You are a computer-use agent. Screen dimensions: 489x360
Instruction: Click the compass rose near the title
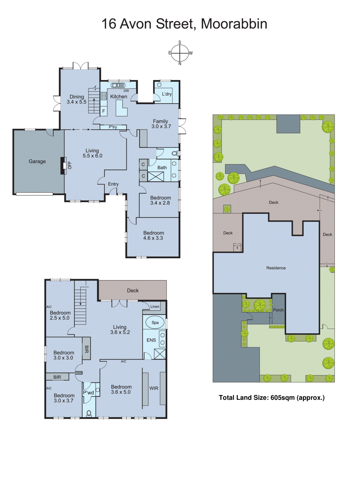(x=180, y=53)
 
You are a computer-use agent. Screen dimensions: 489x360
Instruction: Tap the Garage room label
(x=37, y=161)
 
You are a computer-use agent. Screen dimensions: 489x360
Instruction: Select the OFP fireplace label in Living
(x=70, y=165)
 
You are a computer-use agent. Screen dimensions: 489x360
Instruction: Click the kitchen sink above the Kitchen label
(x=118, y=85)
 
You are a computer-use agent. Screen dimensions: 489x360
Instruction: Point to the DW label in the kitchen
(x=126, y=91)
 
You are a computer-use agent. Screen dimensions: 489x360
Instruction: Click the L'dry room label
(x=167, y=94)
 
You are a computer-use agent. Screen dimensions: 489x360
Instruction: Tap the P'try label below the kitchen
(x=113, y=127)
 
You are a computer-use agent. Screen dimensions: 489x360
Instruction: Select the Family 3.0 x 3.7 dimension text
(x=161, y=126)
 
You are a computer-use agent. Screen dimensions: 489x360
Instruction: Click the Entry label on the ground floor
(x=113, y=184)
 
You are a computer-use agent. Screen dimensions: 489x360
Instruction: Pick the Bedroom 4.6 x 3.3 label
(x=153, y=235)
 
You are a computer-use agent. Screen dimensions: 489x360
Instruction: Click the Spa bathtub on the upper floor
(x=155, y=322)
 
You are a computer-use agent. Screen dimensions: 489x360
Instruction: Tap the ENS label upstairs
(x=151, y=340)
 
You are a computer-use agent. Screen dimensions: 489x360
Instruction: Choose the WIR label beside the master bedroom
(x=154, y=388)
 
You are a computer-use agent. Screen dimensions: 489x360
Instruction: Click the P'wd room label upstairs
(x=89, y=393)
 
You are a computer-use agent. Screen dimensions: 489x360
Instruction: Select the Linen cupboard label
(x=155, y=307)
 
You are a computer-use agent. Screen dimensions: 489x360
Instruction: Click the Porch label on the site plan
(x=278, y=310)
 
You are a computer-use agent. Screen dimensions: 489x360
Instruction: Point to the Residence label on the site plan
(x=276, y=268)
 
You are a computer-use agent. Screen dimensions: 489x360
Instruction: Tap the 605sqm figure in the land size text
(x=282, y=398)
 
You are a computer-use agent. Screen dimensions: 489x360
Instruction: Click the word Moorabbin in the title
(x=234, y=24)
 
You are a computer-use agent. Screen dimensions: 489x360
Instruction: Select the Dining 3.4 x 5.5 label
(x=77, y=99)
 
